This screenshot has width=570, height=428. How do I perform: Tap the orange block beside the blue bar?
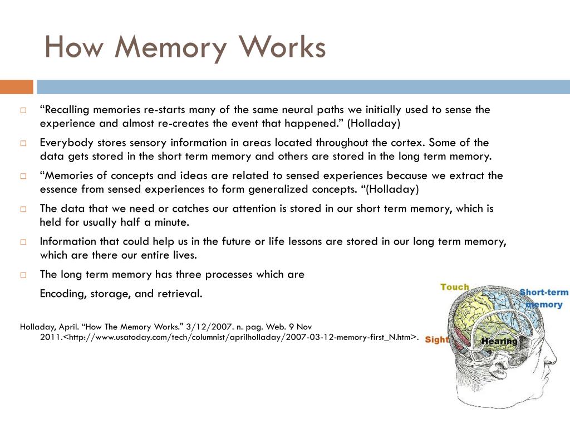point(16,87)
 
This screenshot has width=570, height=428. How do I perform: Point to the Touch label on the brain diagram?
point(455,287)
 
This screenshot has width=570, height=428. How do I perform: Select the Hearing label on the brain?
point(499,341)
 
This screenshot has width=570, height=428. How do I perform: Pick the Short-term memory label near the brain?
point(544,298)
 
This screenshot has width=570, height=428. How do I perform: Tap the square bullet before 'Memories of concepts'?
point(24,176)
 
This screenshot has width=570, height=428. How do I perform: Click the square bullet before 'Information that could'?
point(24,242)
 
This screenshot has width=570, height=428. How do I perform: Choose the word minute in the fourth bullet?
point(171,222)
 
